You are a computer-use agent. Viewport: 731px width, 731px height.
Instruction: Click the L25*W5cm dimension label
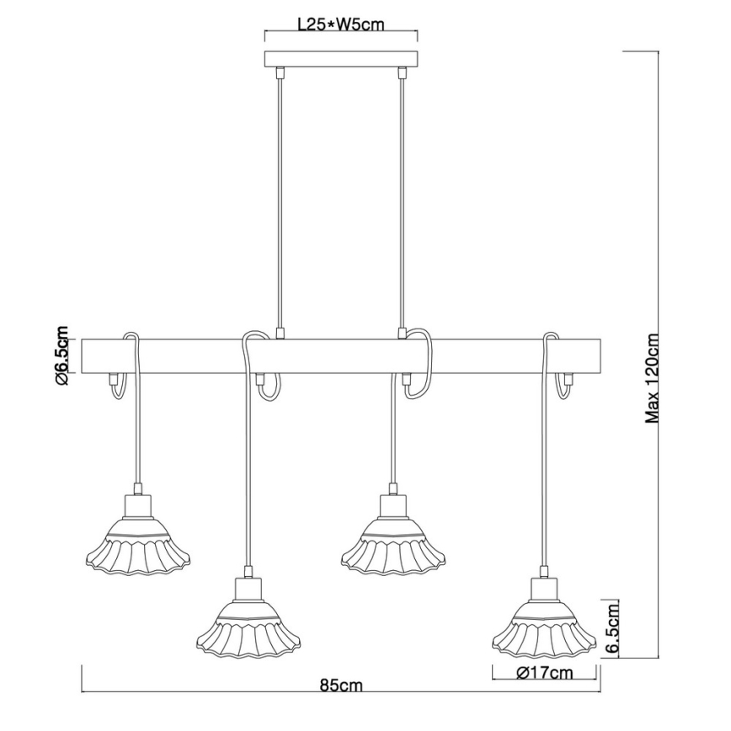click(340, 24)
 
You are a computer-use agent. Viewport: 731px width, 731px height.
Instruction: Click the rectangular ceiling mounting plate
click(340, 60)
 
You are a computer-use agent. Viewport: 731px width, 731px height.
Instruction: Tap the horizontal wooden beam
click(340, 356)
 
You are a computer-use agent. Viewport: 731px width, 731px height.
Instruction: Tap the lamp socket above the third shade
click(393, 506)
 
